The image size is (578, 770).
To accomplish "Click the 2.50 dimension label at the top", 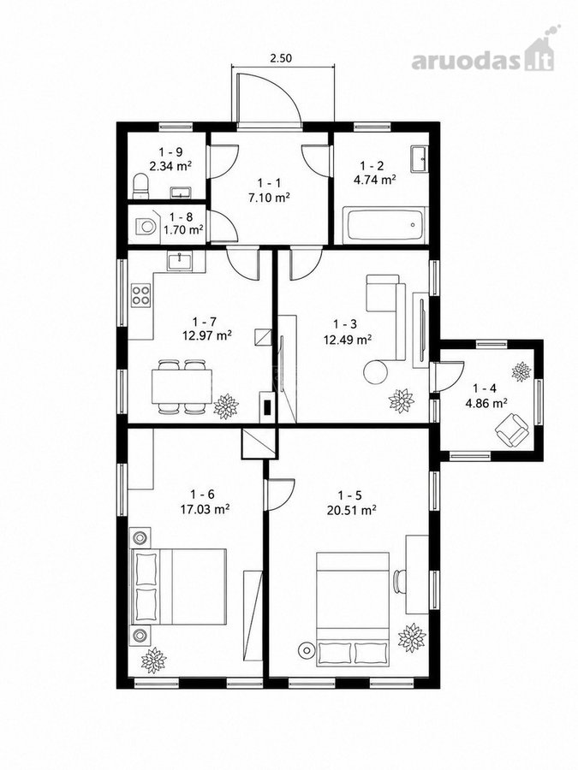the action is pos(281,58).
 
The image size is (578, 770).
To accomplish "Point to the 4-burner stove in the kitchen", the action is pos(141,294).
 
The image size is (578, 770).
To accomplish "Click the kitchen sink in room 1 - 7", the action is pos(181,260).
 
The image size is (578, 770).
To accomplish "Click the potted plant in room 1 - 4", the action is pos(521,371).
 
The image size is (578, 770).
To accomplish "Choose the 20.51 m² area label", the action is pos(351,510).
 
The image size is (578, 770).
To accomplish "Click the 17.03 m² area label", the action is pos(205,509).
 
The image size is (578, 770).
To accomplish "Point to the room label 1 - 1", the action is pos(269,183).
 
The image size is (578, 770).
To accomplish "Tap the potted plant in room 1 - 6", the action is pos(154,660).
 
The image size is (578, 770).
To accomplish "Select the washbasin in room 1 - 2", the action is pos(419,158).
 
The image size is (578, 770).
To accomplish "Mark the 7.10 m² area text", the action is pos(268,198).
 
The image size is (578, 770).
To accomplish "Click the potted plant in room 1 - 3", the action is pos(401,400).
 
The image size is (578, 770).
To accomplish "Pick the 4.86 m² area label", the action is pos(486,403).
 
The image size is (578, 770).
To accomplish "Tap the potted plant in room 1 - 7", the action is pos(226,406).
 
